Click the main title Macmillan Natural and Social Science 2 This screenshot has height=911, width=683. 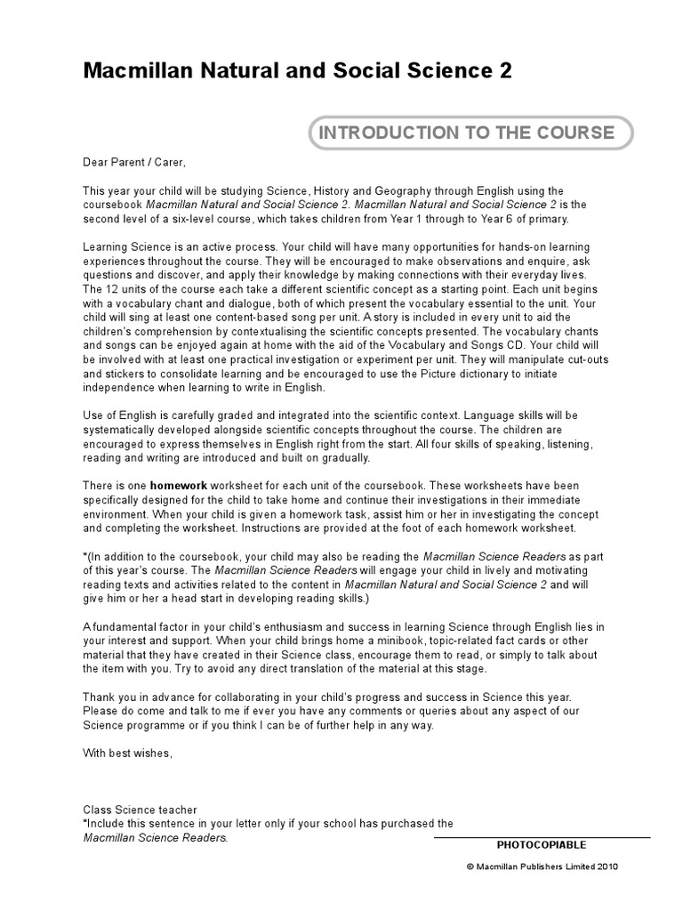(297, 71)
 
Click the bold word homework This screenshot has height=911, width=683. (178, 486)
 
